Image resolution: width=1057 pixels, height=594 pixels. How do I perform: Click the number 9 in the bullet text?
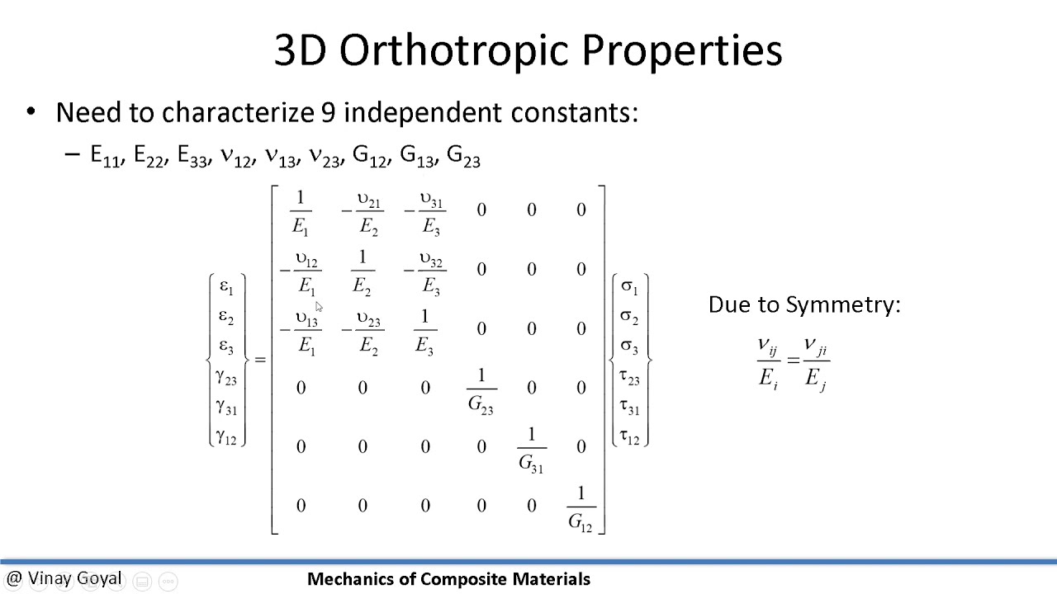point(329,112)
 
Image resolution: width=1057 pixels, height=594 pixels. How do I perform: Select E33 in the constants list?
point(192,156)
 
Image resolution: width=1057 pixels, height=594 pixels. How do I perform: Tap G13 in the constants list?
point(418,156)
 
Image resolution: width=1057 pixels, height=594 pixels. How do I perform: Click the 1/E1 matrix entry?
point(300,212)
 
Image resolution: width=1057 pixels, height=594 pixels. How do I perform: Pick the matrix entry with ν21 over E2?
point(367,213)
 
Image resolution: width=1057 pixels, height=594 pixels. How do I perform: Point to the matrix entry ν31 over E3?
point(429,213)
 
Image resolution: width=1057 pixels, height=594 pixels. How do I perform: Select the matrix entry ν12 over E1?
point(304,272)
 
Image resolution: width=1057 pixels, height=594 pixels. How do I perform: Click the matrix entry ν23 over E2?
point(367,332)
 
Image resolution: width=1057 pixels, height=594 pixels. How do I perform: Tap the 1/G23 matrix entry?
point(481,390)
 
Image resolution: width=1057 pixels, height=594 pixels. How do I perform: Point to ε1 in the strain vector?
point(226,287)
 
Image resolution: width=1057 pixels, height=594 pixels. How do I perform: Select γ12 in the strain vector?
point(226,436)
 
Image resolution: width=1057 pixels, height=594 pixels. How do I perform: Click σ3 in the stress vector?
point(629,346)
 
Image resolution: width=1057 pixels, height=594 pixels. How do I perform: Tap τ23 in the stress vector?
point(629,377)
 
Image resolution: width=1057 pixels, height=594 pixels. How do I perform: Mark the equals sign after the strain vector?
point(260,360)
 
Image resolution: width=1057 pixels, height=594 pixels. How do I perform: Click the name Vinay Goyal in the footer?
point(74,579)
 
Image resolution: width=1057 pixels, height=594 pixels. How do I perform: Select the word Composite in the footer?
point(462,579)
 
